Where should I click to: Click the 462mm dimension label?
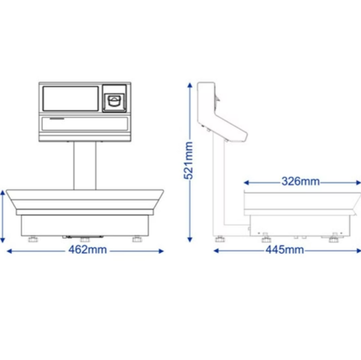click(x=88, y=250)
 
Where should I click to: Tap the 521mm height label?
click(x=188, y=161)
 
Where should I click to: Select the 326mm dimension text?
click(x=301, y=181)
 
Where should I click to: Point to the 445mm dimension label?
click(x=285, y=250)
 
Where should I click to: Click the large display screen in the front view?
click(x=71, y=98)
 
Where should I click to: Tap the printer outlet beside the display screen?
click(x=115, y=101)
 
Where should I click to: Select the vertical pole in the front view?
click(x=85, y=166)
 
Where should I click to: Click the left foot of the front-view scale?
click(x=33, y=239)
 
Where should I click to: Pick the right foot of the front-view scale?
click(x=137, y=239)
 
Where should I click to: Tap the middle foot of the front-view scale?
click(x=85, y=239)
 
